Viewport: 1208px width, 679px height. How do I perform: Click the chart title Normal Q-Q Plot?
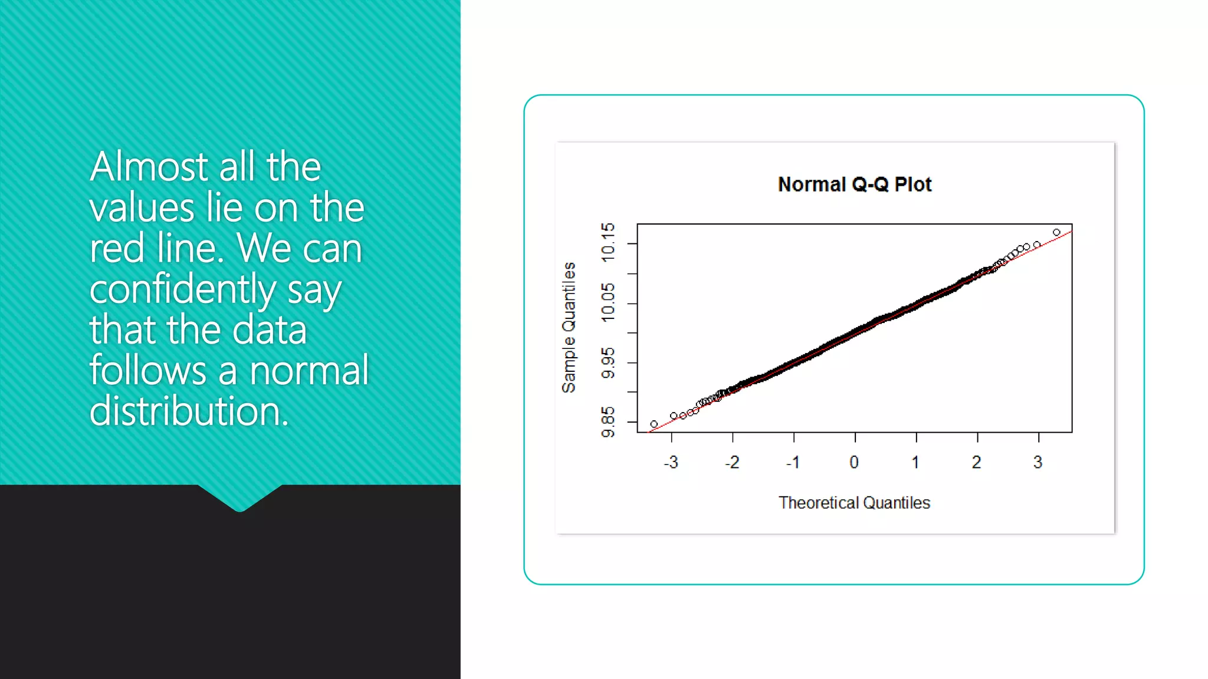tap(854, 184)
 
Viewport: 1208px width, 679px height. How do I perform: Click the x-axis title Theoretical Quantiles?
tap(854, 503)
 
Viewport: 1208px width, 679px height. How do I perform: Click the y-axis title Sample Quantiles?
tap(569, 328)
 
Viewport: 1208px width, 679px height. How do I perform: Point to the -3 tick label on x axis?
tap(671, 462)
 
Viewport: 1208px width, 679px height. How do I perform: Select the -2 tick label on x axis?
tap(732, 462)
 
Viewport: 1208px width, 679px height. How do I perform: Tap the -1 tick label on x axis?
tap(793, 462)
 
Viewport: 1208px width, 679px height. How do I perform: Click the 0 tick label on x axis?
tap(854, 462)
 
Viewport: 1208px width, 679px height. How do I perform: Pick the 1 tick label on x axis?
tap(915, 462)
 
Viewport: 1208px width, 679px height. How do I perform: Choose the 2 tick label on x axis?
tap(977, 462)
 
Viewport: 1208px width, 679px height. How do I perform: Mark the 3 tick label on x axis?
tap(1038, 462)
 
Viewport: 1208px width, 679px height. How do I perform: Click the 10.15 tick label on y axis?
tap(608, 242)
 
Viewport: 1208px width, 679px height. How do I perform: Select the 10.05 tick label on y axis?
tap(608, 302)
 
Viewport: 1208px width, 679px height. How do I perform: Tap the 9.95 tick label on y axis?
tap(608, 363)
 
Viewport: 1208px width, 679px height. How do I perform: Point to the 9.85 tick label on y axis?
tap(608, 422)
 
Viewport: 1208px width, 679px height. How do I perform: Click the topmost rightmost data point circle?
tap(1056, 232)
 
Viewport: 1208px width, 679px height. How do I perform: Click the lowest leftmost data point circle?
tap(654, 424)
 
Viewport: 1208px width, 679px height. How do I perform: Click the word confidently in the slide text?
tap(182, 289)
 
